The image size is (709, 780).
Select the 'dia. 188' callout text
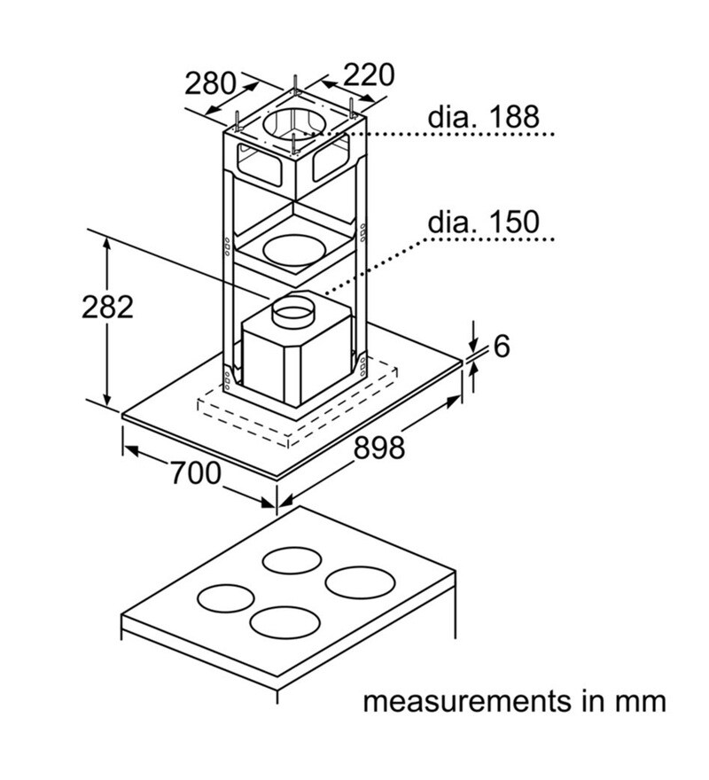483,117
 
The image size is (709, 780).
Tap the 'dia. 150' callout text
483,222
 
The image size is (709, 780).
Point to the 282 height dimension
106,307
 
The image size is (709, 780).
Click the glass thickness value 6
502,347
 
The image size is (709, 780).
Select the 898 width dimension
379,448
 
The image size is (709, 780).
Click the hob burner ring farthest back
292,561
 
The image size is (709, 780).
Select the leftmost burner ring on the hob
225,599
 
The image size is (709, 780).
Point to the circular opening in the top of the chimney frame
296,126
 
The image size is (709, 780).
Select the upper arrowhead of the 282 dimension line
107,244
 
